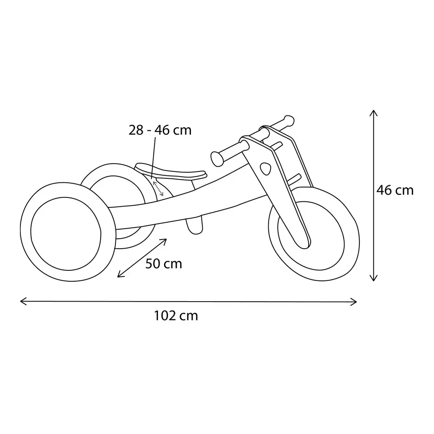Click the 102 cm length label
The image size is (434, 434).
click(176, 316)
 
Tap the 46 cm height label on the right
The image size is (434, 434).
click(395, 191)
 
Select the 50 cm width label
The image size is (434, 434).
click(164, 264)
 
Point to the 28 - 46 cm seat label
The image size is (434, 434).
click(160, 130)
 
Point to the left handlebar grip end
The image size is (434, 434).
click(217, 159)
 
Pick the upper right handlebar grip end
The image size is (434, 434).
click(289, 121)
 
